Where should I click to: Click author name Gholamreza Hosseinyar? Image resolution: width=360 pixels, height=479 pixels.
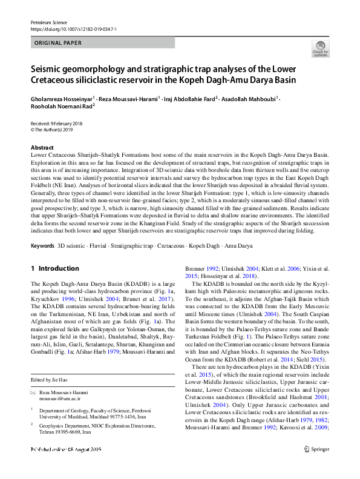click(61, 97)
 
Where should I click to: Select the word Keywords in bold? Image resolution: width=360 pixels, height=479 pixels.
click(42, 246)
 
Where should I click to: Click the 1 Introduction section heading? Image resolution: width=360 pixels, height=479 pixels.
click(54, 268)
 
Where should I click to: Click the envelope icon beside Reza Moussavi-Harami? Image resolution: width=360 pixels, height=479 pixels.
click(33, 392)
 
